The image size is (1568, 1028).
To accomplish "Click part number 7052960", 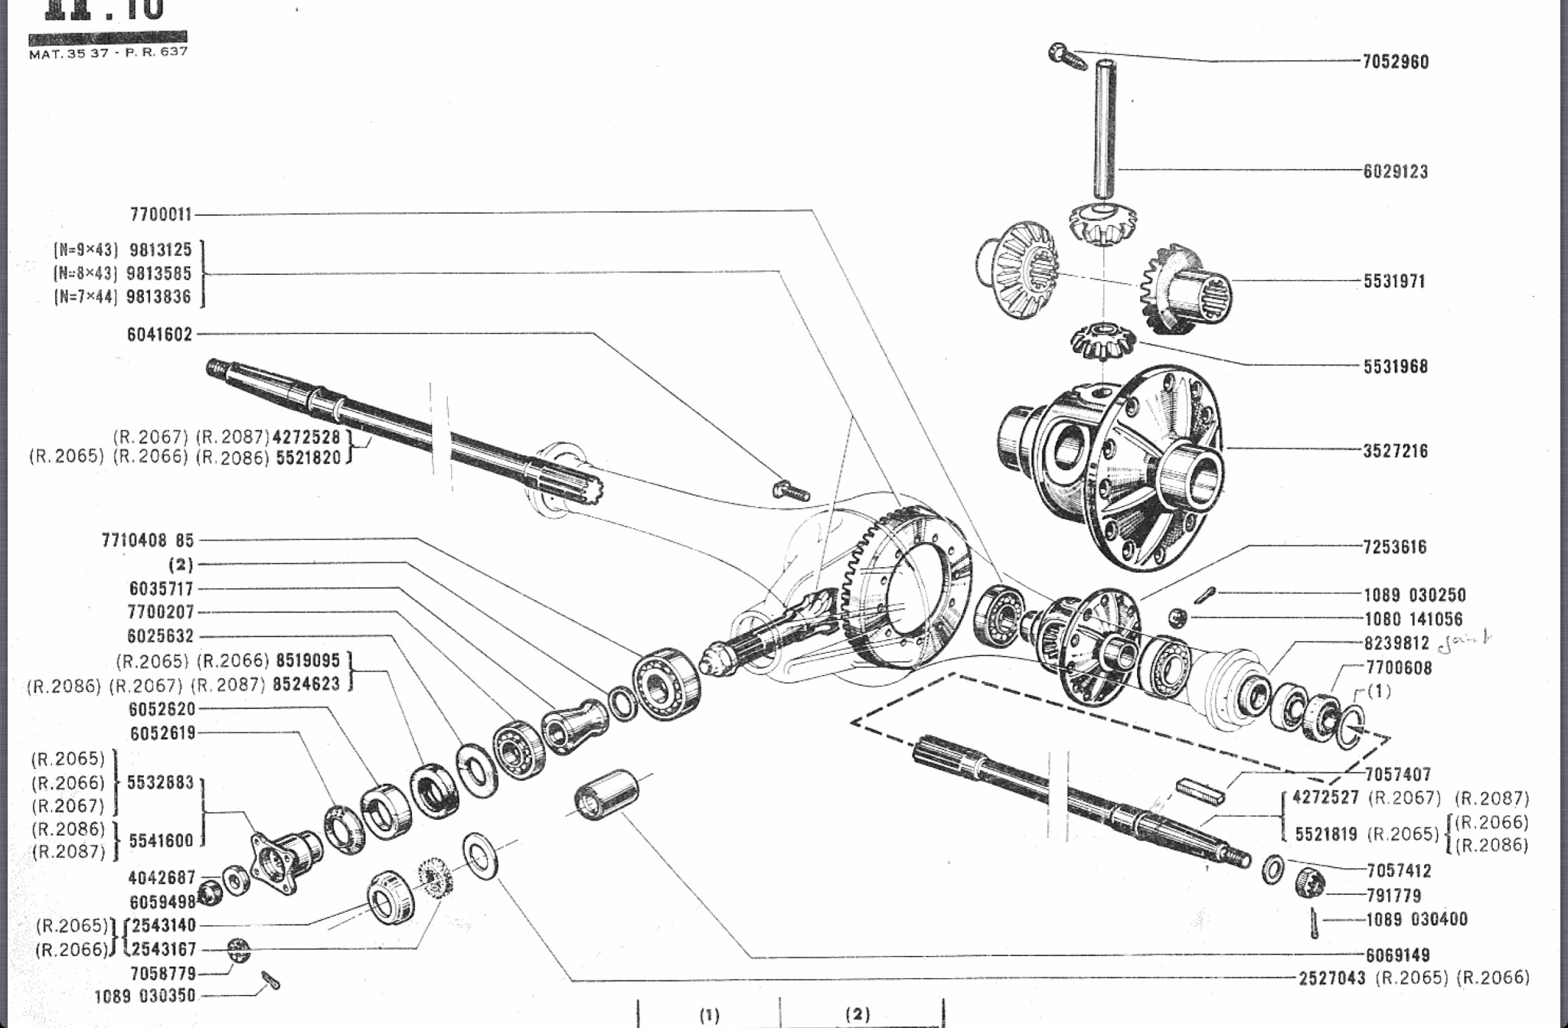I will click(1395, 62).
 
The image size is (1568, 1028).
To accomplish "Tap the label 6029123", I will click(1395, 171).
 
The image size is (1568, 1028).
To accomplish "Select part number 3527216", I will click(1395, 451).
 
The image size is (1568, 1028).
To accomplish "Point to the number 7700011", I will click(161, 214).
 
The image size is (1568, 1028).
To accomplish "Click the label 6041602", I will click(159, 335).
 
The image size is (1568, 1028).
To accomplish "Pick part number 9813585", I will click(159, 273).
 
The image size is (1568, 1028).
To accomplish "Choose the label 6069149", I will click(1397, 955).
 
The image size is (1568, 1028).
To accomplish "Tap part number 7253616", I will click(1394, 547).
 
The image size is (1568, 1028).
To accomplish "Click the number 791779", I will click(1393, 896).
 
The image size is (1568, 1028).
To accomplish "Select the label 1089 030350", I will click(145, 997).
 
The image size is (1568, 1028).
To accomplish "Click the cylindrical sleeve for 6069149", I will click(607, 795).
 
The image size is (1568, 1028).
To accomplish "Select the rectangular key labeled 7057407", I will click(1200, 791).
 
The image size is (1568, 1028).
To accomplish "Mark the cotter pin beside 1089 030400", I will click(1314, 922).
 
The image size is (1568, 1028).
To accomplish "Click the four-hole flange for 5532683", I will click(283, 861).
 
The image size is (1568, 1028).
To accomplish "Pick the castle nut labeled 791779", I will click(1310, 884).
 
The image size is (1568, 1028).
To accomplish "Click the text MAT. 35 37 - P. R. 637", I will click(108, 53).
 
